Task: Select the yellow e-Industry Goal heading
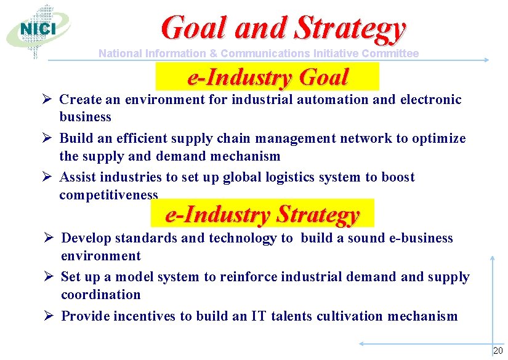pos(267,78)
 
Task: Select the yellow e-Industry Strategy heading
pos(262,215)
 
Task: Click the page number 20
pos(498,351)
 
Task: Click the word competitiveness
pos(108,195)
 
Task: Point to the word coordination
pos(101,295)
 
